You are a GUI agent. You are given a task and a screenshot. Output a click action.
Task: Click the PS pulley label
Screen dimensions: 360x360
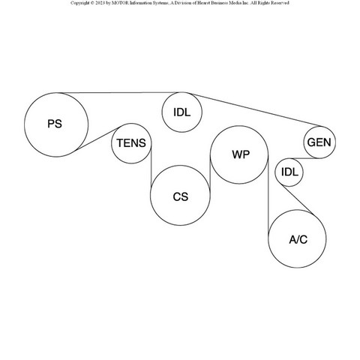(55, 124)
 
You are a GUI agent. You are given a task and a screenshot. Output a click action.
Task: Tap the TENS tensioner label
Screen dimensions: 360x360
(131, 143)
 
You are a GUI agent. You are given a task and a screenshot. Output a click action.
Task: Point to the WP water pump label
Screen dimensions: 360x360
(241, 154)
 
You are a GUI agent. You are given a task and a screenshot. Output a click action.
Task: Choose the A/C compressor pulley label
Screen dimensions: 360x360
(298, 239)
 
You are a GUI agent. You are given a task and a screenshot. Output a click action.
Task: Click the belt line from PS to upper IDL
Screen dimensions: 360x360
(122, 93)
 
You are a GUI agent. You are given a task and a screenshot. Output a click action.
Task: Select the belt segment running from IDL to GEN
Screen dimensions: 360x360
(256, 110)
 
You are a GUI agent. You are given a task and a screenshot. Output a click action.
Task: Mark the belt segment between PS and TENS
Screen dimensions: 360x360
(98, 139)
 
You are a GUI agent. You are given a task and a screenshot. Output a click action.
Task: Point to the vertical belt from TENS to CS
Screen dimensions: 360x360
(151, 168)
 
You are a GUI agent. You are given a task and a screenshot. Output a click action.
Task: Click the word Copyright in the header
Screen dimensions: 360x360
(79, 3)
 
